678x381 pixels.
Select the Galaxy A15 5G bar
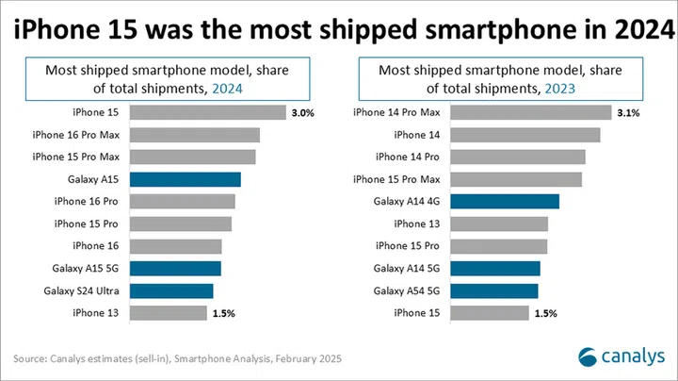[x=175, y=268]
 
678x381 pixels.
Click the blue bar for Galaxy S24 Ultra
[x=171, y=290]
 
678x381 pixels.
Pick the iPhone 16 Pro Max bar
[x=194, y=135]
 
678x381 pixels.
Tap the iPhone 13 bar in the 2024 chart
[x=168, y=312]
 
